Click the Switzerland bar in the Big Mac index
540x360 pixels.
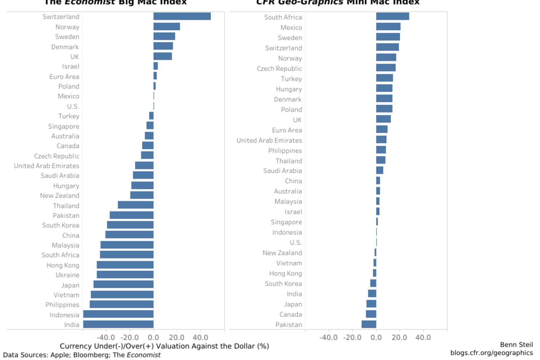pyautogui.click(x=182, y=16)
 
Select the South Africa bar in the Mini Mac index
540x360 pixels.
pyautogui.click(x=392, y=16)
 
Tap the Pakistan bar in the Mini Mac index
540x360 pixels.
pyautogui.click(x=369, y=324)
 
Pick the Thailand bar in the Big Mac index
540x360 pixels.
pyautogui.click(x=136, y=205)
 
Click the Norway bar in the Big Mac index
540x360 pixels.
pyautogui.click(x=166, y=26)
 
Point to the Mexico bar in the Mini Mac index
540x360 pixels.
pyautogui.click(x=388, y=27)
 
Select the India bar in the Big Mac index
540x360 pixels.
pyautogui.click(x=118, y=324)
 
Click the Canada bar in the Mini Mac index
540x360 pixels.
pyautogui.click(x=371, y=314)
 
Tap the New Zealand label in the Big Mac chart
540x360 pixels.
pyautogui.click(x=60, y=195)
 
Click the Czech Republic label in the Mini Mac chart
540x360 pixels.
pyautogui.click(x=279, y=69)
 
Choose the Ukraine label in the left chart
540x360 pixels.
pyautogui.click(x=67, y=275)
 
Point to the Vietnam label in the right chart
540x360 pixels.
pyautogui.click(x=289, y=263)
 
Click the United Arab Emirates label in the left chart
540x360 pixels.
pyautogui.click(x=46, y=166)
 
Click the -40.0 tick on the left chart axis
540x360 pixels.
pyautogui.click(x=106, y=337)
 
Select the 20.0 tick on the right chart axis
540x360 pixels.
pyautogui.click(x=399, y=337)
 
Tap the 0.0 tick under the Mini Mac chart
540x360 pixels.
pyautogui.click(x=376, y=337)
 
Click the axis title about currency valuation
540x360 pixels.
pyautogui.click(x=164, y=346)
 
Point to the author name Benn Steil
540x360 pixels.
pyautogui.click(x=516, y=345)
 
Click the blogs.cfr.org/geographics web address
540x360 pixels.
pyautogui.click(x=491, y=353)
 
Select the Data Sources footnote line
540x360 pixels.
pyautogui.click(x=82, y=355)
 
